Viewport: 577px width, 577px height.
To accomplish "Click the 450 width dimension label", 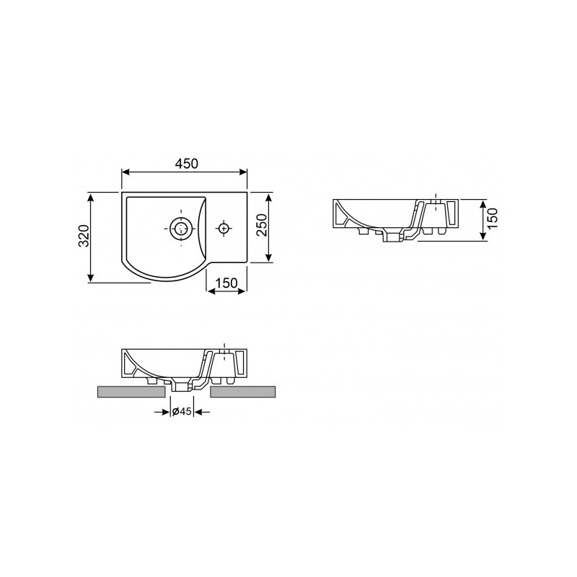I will (x=185, y=163).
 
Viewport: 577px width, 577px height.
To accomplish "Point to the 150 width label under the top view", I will (x=226, y=283).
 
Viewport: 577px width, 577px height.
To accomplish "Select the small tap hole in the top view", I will (x=224, y=229).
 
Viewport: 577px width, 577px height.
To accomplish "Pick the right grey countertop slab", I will (x=243, y=392).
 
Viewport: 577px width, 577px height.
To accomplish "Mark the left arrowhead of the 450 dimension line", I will (x=125, y=172).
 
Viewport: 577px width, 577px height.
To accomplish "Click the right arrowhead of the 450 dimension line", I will (x=244, y=172).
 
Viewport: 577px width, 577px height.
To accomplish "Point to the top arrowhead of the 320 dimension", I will (x=91, y=196).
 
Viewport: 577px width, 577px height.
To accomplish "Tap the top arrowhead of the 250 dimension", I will (x=269, y=196).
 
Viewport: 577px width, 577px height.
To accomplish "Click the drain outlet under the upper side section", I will (x=394, y=237).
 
